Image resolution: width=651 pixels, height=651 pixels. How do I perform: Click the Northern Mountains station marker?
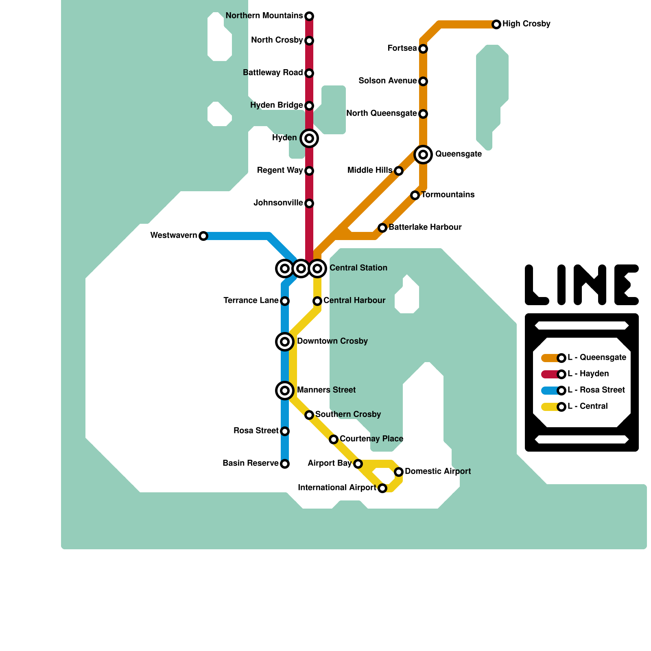(x=309, y=16)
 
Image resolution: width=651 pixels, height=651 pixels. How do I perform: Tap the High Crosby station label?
(x=526, y=24)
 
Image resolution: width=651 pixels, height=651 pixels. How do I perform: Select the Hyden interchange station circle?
(x=309, y=138)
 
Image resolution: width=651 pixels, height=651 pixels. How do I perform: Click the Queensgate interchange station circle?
(x=423, y=155)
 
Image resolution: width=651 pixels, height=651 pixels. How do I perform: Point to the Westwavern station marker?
(x=203, y=236)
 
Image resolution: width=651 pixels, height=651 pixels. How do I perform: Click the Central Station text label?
(x=358, y=268)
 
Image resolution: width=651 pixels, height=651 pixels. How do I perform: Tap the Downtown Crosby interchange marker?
(x=285, y=342)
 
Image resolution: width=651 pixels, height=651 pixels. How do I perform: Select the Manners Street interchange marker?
(x=285, y=391)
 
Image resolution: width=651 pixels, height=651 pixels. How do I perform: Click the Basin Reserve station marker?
(x=285, y=464)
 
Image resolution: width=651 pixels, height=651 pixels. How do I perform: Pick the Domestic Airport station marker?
(x=399, y=472)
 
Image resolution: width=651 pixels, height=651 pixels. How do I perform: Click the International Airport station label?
(x=337, y=488)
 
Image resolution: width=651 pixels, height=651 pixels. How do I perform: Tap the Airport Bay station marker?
(x=358, y=464)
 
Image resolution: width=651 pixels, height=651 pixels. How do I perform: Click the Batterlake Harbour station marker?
(x=382, y=228)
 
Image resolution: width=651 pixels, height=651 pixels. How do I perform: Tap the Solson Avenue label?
(x=387, y=81)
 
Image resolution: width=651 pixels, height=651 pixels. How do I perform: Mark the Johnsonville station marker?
(x=309, y=203)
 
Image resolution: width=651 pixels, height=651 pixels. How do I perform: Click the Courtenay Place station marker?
(x=334, y=439)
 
